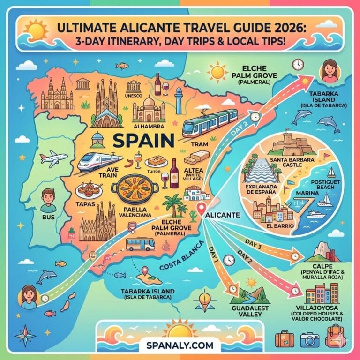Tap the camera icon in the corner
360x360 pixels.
click(x=309, y=339)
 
